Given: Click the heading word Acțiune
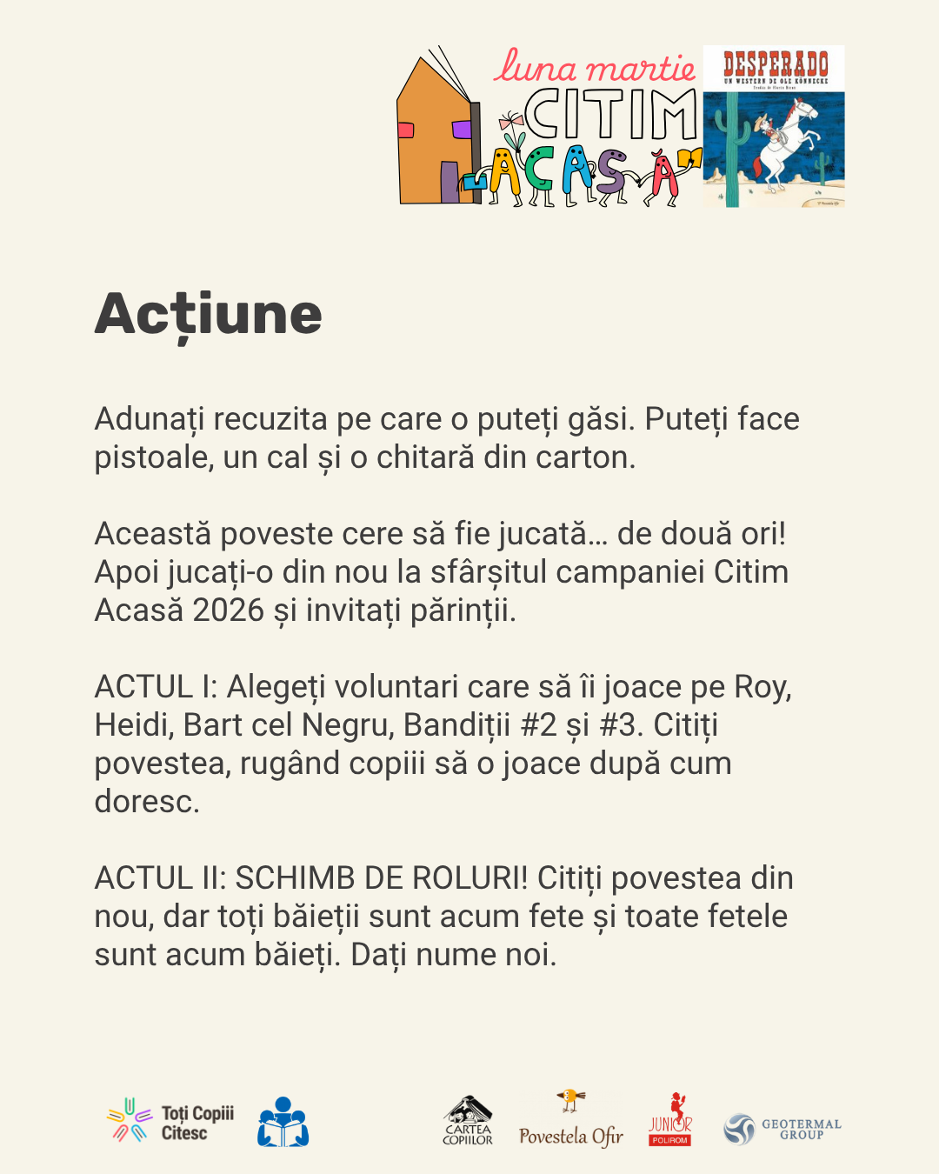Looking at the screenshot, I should pyautogui.click(x=208, y=315).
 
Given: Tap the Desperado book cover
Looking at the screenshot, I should pyautogui.click(x=774, y=126).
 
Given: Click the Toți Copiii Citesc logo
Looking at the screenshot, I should pyautogui.click(x=170, y=1122).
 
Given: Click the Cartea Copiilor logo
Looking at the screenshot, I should pyautogui.click(x=468, y=1121).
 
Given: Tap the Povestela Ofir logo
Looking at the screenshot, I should pyautogui.click(x=571, y=1122).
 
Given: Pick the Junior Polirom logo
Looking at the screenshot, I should pyautogui.click(x=669, y=1121).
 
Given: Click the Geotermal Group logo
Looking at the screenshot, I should pyautogui.click(x=782, y=1129).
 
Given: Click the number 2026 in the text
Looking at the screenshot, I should pyautogui.click(x=228, y=610).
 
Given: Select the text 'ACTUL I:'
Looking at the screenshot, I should pyautogui.click(x=156, y=687).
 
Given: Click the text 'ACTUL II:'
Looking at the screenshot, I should pyautogui.click(x=161, y=878).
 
